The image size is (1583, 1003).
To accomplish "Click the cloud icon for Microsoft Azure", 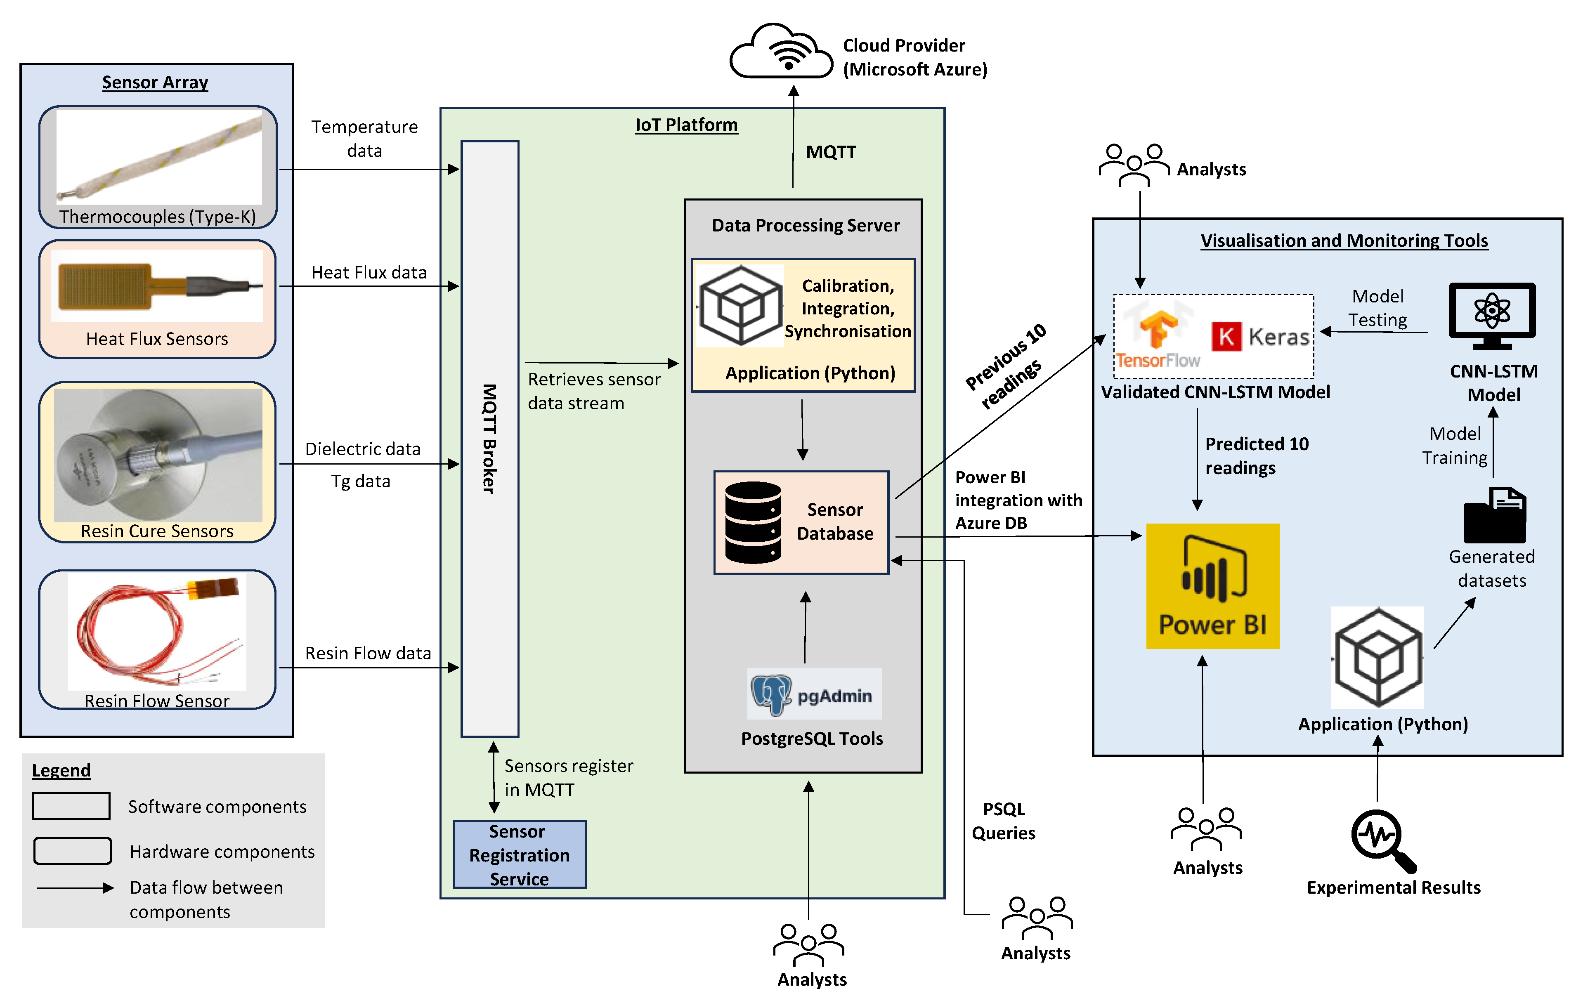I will click(x=781, y=52).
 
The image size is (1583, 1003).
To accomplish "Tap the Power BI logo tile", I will click(x=1212, y=585).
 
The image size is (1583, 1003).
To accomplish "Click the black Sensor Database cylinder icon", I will click(x=753, y=522).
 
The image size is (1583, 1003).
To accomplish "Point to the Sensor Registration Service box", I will click(x=519, y=854).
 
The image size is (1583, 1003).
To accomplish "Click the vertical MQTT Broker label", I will click(x=489, y=439).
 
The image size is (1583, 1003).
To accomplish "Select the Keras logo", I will click(x=1260, y=337).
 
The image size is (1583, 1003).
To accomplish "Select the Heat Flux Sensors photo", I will click(x=157, y=286).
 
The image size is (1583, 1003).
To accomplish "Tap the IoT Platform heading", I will click(x=686, y=125).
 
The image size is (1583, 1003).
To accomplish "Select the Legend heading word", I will click(x=61, y=770).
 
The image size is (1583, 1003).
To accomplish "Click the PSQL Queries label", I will click(x=1003, y=821).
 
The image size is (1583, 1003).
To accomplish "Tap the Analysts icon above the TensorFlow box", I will click(x=1134, y=164).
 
